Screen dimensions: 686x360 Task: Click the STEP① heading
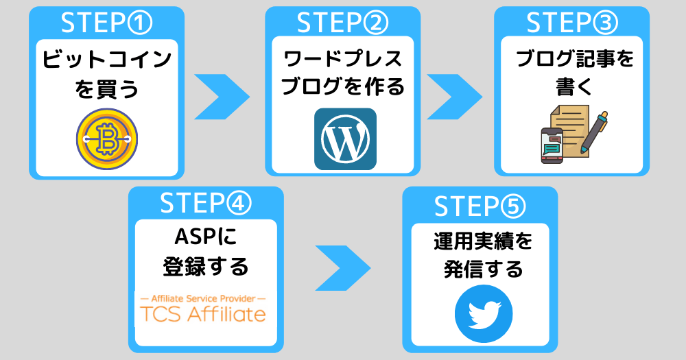tap(107, 23)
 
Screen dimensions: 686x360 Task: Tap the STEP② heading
tap(342, 23)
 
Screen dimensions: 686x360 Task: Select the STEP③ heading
tap(572, 23)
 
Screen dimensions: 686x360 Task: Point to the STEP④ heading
tap(206, 203)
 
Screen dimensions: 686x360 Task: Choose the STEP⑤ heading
tap(480, 206)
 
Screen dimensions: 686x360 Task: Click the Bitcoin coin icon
tap(107, 139)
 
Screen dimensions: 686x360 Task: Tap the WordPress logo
tap(345, 139)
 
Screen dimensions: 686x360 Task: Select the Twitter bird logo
tap(484, 313)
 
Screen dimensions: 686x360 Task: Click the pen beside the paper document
tap(594, 132)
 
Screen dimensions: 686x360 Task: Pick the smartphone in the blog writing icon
tap(552, 145)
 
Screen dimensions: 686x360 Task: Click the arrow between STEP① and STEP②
tap(222, 97)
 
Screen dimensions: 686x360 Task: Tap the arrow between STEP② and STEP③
tap(455, 97)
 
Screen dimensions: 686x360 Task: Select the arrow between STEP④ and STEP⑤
tap(343, 268)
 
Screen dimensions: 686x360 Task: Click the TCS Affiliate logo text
tap(203, 315)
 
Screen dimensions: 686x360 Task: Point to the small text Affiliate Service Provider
tap(203, 299)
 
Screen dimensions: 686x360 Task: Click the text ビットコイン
tap(107, 60)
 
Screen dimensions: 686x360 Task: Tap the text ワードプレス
tap(342, 58)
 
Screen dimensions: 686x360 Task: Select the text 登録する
tap(206, 266)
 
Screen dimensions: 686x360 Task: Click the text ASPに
tap(206, 237)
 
